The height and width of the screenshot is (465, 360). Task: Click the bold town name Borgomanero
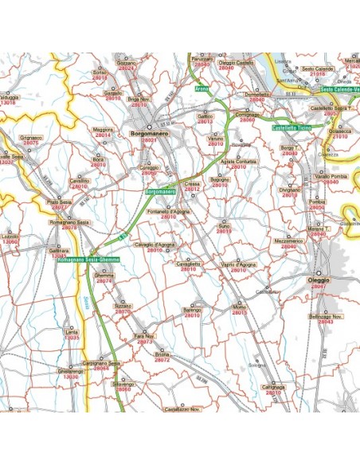click(x=148, y=134)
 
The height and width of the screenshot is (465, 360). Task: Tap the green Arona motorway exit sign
click(x=202, y=88)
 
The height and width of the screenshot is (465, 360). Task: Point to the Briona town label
click(x=162, y=354)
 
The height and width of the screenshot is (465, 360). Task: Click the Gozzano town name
click(x=127, y=63)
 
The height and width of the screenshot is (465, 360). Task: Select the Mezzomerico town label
click(x=288, y=240)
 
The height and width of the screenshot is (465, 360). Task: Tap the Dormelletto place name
click(x=257, y=94)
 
